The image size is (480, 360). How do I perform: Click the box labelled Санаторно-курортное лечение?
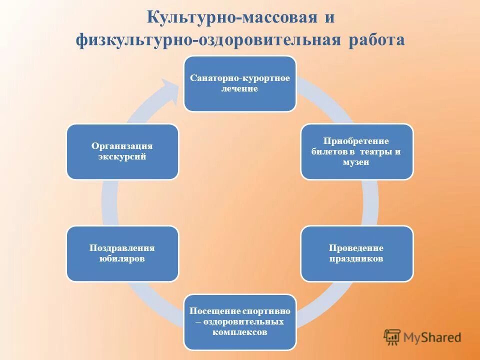point(240,83)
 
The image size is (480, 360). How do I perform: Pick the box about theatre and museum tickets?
point(356,151)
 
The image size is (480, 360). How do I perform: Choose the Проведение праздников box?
point(356,253)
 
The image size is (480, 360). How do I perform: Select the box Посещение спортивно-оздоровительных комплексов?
point(240,321)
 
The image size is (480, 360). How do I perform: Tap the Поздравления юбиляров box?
point(122,253)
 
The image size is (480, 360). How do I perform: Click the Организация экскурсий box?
point(122,151)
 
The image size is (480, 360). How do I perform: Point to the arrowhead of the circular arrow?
point(172,86)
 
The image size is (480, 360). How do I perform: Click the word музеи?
point(356,162)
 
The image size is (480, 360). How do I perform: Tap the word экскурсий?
point(122,157)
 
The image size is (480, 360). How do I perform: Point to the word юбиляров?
point(122,259)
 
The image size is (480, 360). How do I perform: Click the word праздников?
point(356,259)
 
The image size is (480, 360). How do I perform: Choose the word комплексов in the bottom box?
point(240,332)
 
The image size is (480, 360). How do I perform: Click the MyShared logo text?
point(433,337)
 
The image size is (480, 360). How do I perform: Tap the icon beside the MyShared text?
point(392,337)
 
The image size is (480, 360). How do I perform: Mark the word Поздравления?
point(122,248)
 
